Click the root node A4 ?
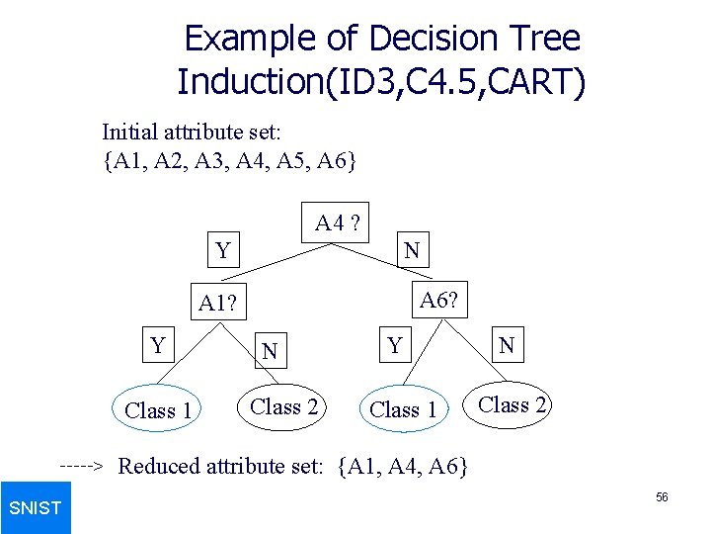tap(337, 224)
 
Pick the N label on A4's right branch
tap(412, 251)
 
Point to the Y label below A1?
tap(157, 345)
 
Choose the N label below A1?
tap(270, 351)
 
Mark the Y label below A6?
tap(395, 345)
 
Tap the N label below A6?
tap(507, 345)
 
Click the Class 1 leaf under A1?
tap(158, 409)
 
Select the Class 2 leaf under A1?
tap(283, 406)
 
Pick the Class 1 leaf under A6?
tap(403, 409)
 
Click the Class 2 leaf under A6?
tap(512, 404)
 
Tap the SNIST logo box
tap(36, 507)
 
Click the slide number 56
tap(662, 497)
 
